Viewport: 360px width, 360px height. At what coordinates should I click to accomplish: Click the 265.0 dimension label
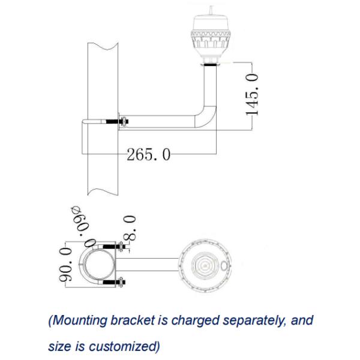[149, 155]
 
